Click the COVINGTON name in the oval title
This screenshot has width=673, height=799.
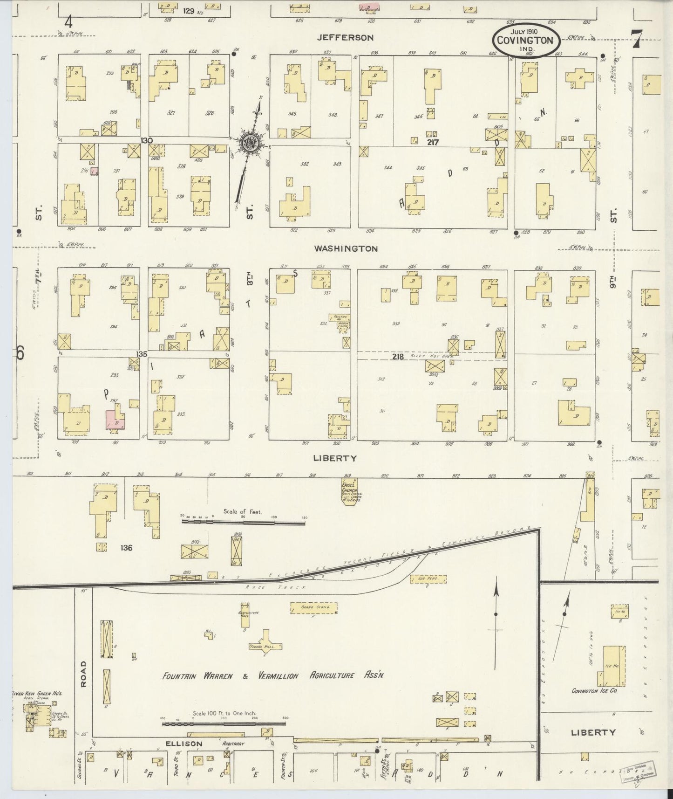pos(525,40)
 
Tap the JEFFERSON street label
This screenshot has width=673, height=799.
pos(345,38)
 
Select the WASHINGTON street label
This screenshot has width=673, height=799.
pos(346,249)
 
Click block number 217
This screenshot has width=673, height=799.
pos(433,142)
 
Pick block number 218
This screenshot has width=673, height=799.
pos(397,357)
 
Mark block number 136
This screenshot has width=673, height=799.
pos(126,548)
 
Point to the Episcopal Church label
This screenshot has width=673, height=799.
pos(349,488)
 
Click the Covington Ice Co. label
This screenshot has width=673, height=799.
pos(594,690)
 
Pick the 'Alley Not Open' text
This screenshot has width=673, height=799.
pos(423,356)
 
